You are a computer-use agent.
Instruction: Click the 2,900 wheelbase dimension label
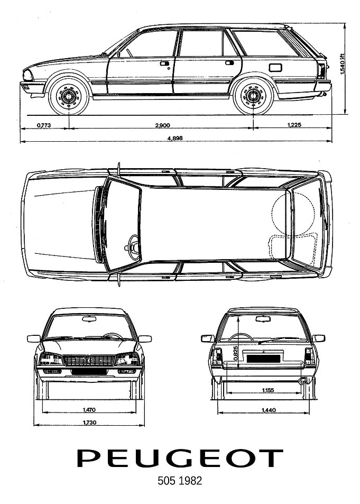162,125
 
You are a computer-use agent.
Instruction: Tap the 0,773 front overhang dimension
44,125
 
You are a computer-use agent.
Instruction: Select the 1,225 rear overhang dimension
294,125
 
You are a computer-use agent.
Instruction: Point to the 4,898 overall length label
175,138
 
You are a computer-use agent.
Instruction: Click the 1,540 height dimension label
343,63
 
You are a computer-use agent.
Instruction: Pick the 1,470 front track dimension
89,410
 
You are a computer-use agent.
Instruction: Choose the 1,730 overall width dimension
89,423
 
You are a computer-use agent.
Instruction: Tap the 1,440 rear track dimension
269,410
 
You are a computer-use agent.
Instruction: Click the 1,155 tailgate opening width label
267,390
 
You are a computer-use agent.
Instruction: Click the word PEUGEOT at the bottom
180,459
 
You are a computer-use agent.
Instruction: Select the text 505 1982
180,481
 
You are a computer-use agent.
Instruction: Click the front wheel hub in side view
69,95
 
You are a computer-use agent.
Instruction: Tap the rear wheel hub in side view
253,95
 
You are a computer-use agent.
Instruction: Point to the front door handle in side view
164,63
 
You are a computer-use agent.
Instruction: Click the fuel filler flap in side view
275,68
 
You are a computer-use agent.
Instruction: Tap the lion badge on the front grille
89,361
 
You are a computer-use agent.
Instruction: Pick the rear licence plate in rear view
263,358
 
